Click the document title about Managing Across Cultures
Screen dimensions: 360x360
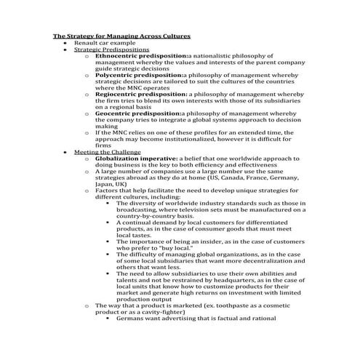click(x=122, y=35)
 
